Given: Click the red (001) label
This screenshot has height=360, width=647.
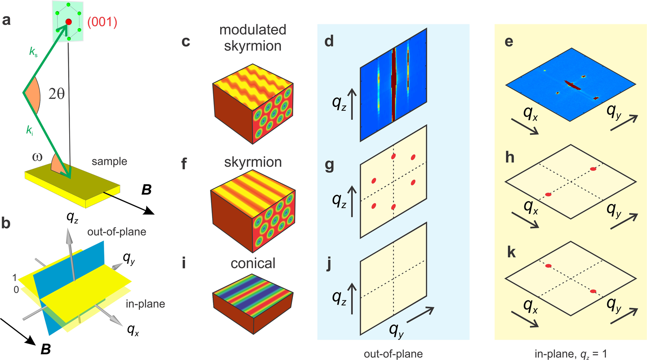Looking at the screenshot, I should point(102,22).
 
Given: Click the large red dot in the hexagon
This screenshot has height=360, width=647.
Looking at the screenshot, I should point(69,22).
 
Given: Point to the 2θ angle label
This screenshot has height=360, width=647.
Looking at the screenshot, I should point(56,94).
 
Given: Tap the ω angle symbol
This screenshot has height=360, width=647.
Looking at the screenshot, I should point(37,157).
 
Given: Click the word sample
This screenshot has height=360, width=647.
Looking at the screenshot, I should point(109,162).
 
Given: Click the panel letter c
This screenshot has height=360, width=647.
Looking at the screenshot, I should point(186,41).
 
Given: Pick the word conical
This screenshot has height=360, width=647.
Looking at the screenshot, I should point(253,263).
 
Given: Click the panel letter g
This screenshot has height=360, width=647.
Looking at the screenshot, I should point(329,165).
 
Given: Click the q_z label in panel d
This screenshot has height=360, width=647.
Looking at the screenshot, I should point(339,103).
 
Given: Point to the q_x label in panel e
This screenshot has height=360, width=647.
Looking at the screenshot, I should point(531,114).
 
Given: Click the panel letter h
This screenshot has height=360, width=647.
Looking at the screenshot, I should point(510,157).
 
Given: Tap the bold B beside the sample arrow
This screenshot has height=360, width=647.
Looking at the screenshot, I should point(146,190).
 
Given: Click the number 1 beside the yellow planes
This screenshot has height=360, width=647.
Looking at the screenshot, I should point(15,278).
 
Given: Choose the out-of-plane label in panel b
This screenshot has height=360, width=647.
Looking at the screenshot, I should point(117,232).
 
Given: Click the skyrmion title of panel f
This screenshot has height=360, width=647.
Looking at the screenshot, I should point(253,162).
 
